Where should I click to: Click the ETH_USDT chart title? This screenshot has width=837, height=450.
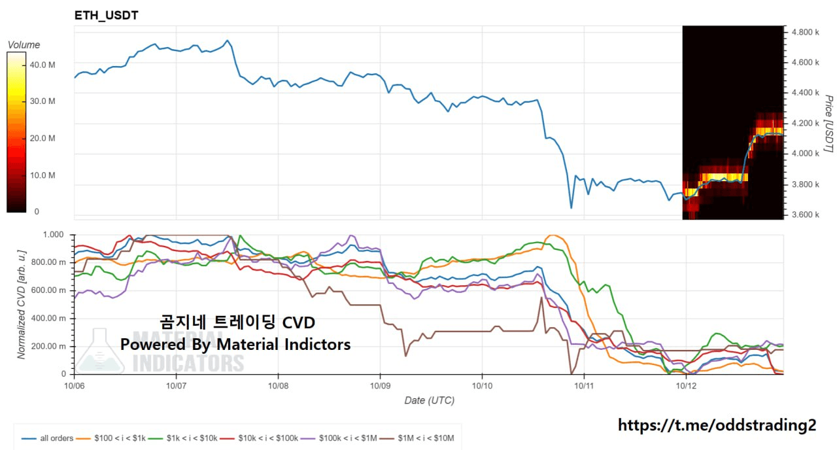(x=106, y=15)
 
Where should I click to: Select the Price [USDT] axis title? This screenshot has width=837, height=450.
(x=828, y=124)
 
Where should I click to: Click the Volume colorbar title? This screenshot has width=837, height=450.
(x=24, y=44)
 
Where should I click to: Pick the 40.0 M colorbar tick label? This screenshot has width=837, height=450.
(x=43, y=65)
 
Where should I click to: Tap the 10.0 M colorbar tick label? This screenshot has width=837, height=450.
(x=43, y=175)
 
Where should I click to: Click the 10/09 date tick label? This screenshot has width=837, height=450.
(x=380, y=386)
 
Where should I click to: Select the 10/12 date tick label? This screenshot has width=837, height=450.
(x=685, y=386)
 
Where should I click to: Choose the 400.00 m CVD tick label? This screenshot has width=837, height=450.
(x=48, y=319)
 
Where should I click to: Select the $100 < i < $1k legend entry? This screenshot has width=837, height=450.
(x=112, y=438)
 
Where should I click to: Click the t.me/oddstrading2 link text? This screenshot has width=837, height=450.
(x=717, y=425)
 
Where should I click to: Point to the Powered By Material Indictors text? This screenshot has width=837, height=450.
(x=235, y=344)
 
